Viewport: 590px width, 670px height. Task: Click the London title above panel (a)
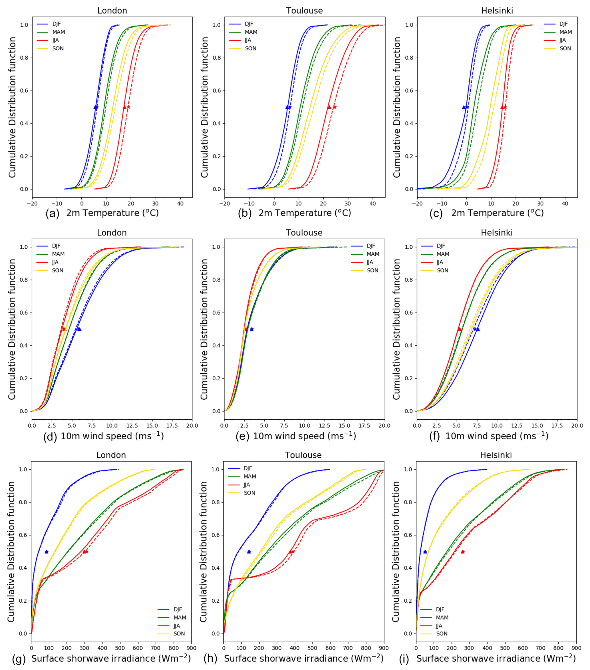112,11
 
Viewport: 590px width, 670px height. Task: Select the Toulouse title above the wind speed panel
304,233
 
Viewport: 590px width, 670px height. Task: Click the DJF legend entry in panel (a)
57,24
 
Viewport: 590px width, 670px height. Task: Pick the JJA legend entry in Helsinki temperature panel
563,40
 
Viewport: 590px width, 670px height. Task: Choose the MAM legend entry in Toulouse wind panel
373,254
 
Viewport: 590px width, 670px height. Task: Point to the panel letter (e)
243,436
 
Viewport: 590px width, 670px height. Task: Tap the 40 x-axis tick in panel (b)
373,204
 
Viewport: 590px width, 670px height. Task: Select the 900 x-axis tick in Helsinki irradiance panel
576,648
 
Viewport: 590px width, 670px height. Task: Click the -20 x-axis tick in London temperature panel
32,204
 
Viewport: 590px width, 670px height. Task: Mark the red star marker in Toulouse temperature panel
334,107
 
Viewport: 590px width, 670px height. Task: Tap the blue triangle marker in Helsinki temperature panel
464,107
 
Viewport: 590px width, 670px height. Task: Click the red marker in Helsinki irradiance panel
462,552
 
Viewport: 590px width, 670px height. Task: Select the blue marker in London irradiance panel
47,552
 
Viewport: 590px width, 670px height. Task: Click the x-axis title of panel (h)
303,659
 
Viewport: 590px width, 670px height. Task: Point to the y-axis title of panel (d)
12,329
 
